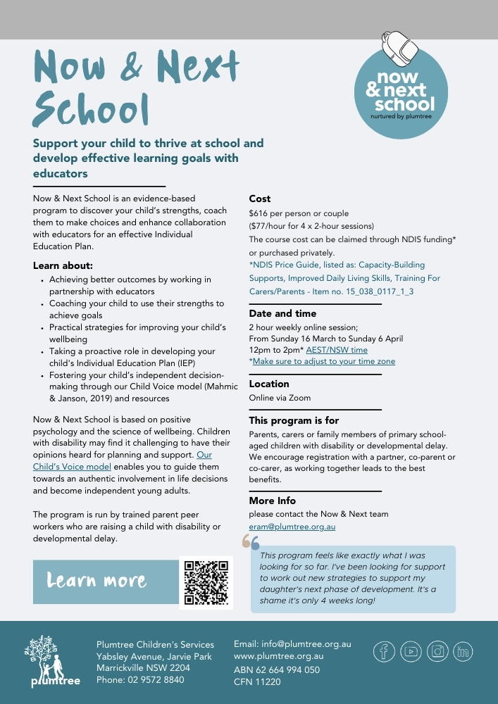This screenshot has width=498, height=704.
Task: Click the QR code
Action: coord(206,582)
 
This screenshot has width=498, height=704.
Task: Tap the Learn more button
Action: coord(106,582)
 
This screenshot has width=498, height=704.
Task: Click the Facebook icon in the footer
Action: coord(384,651)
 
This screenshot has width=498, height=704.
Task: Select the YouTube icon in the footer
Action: coord(411,651)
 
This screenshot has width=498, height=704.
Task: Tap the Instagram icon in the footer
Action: coord(437,651)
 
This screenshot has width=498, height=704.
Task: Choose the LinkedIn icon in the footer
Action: coord(463,651)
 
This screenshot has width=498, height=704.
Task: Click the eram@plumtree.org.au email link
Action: coord(292,527)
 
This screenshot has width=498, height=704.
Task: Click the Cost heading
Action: coord(260,199)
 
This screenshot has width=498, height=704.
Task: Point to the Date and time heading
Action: coord(282,313)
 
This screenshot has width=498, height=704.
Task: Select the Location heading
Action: coord(269,384)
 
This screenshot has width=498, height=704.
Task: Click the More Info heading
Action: coord(272,501)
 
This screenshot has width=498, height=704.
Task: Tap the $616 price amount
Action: coord(260,213)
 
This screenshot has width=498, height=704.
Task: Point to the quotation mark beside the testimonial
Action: coord(251,541)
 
